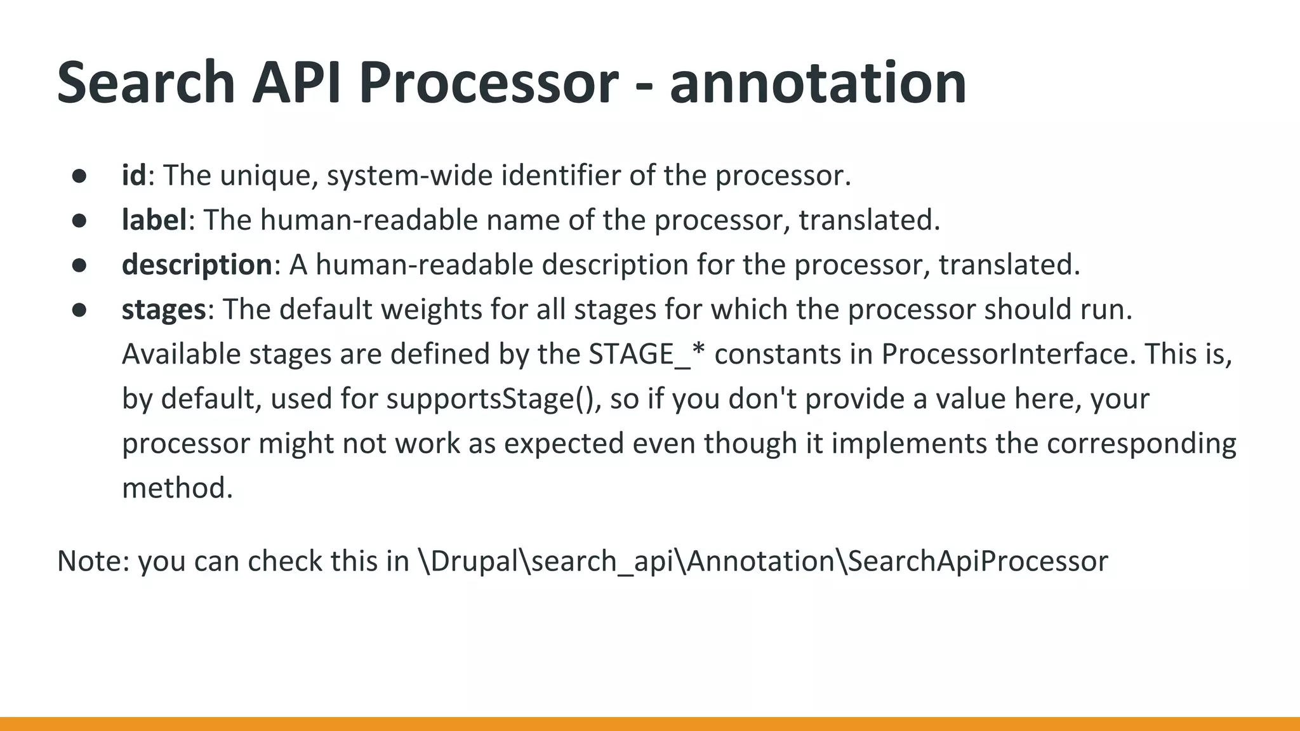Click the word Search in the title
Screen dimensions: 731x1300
146,82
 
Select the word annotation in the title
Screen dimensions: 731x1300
818,82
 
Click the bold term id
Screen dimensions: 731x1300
134,175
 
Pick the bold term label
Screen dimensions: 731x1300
154,220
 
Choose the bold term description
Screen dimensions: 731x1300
197,265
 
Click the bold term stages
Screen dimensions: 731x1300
164,310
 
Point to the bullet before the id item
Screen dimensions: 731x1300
79,176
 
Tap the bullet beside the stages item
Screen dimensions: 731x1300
79,310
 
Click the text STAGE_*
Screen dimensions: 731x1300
647,354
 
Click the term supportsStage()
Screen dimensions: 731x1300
493,399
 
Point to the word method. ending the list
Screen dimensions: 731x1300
177,488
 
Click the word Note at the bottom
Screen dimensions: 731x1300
93,561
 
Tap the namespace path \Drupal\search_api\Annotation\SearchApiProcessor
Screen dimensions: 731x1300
762,561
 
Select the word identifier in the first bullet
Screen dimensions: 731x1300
560,175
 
